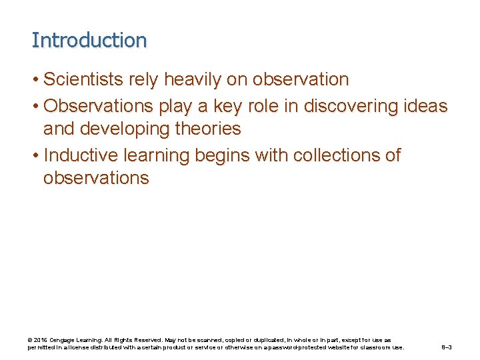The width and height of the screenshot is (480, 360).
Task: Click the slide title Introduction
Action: (x=89, y=40)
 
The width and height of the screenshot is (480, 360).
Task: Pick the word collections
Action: (x=329, y=155)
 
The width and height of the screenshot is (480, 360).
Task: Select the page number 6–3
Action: (x=447, y=347)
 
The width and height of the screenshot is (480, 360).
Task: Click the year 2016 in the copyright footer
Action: (x=41, y=340)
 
